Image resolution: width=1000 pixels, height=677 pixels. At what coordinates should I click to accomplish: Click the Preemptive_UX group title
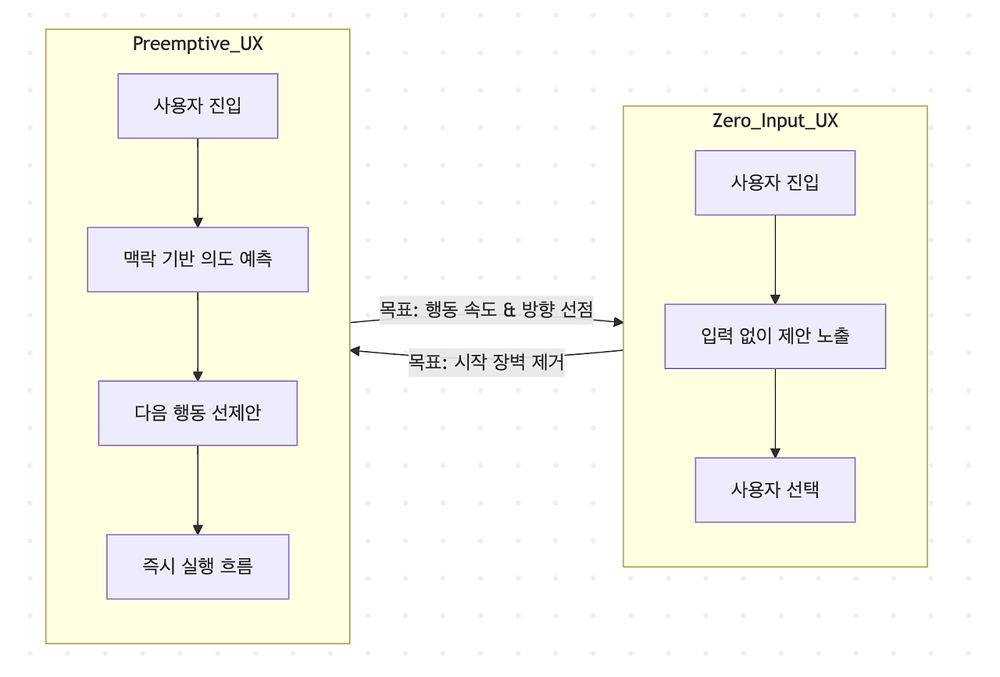pos(198,44)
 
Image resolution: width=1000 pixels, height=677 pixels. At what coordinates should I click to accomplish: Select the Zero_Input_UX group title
pos(775,120)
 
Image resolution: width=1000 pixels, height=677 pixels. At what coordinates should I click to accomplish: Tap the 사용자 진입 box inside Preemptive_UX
pos(198,106)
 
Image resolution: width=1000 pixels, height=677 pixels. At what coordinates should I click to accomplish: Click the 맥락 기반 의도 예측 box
pos(198,260)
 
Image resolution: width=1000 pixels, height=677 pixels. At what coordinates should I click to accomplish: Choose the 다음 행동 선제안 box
pos(198,413)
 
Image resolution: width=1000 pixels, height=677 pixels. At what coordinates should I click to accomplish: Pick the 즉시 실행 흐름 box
pos(198,567)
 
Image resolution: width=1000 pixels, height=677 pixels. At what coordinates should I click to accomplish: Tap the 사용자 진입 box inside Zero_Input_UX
pos(775,182)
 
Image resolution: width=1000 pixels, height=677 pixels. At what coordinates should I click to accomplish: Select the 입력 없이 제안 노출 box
pos(775,336)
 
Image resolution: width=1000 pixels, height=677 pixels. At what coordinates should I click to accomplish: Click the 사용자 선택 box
pos(775,489)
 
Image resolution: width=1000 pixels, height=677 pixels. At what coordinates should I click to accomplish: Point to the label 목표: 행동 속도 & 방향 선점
pos(487,310)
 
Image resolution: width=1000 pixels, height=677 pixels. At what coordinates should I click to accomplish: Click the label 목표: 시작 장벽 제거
pos(486,363)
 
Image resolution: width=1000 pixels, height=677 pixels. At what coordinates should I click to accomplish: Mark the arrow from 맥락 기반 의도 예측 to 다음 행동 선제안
pos(198,336)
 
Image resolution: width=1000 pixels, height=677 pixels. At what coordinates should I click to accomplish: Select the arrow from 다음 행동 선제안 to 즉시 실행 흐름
pos(198,490)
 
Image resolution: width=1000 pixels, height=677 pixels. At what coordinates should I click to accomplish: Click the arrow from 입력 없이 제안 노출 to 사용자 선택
pos(775,413)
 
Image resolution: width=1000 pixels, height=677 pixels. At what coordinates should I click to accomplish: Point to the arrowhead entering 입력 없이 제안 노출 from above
pos(775,299)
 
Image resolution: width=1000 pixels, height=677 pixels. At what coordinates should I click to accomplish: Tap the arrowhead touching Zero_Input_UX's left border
pos(618,321)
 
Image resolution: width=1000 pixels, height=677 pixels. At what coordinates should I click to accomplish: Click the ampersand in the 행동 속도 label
pos(509,310)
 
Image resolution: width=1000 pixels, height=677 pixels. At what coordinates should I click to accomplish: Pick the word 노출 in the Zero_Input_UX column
pos(832,336)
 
